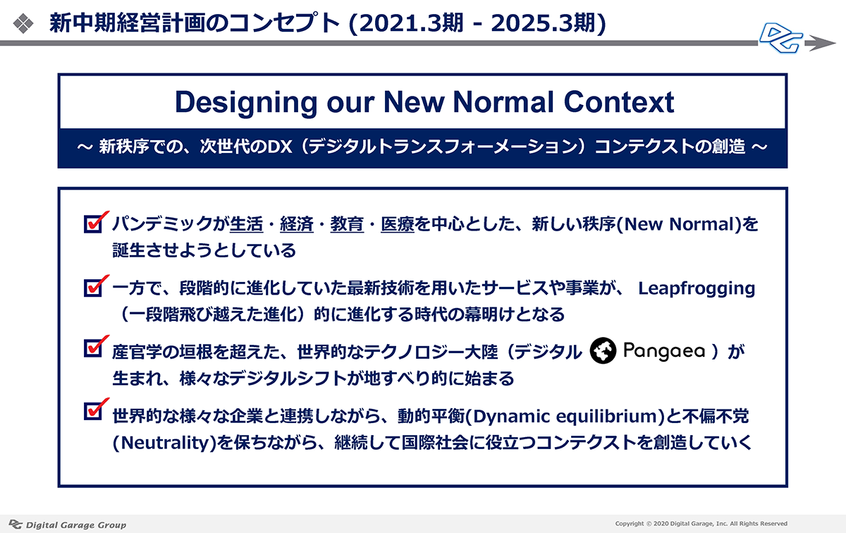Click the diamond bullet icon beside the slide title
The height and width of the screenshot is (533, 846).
pos(23,23)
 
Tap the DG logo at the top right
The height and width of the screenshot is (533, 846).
pos(781,38)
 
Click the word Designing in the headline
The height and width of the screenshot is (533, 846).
pos(246,103)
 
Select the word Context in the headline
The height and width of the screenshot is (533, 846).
pos(619,102)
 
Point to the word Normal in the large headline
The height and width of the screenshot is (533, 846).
pos(504,102)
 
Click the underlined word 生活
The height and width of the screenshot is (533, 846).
pos(246,224)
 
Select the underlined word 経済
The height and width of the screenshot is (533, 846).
pos(297,224)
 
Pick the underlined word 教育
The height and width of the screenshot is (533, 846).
pos(347,224)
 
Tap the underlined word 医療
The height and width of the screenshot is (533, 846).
pos(398,224)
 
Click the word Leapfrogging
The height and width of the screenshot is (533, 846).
pos(697,289)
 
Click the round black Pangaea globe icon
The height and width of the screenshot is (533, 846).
pos(603,350)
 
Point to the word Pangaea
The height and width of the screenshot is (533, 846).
pos(663,351)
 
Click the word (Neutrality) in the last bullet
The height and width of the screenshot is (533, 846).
pos(165,443)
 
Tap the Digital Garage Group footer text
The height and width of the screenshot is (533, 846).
pos(76,525)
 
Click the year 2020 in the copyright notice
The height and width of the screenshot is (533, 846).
pos(661,524)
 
